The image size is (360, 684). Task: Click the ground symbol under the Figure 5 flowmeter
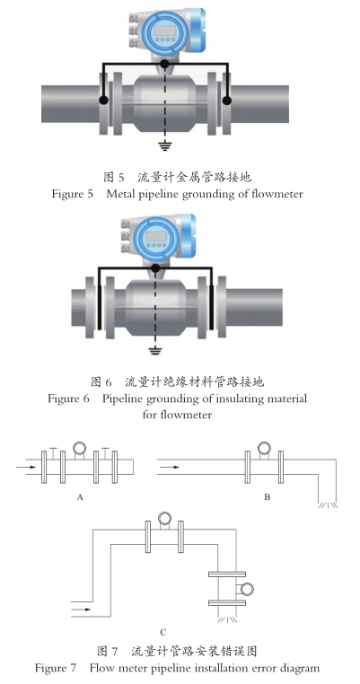[x=164, y=145]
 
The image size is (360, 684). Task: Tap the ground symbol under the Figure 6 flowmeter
[x=154, y=350]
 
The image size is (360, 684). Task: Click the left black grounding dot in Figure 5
[x=103, y=101]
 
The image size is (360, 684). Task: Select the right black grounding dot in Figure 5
[x=227, y=101]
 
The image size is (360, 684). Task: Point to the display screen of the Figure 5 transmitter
[x=164, y=31]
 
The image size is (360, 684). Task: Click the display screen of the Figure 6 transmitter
[x=156, y=236]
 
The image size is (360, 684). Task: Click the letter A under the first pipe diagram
[x=80, y=497]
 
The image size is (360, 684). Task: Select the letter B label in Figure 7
[x=267, y=497]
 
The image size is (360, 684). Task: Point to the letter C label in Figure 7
[x=163, y=632]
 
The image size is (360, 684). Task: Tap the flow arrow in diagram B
[x=170, y=467]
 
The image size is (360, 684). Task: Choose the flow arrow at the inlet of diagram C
[x=81, y=609]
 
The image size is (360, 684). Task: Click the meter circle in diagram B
[x=264, y=448]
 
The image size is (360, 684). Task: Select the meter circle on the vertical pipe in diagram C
[x=247, y=590]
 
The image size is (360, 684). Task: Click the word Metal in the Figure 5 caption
[x=119, y=193]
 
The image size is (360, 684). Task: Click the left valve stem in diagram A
[x=53, y=453]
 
